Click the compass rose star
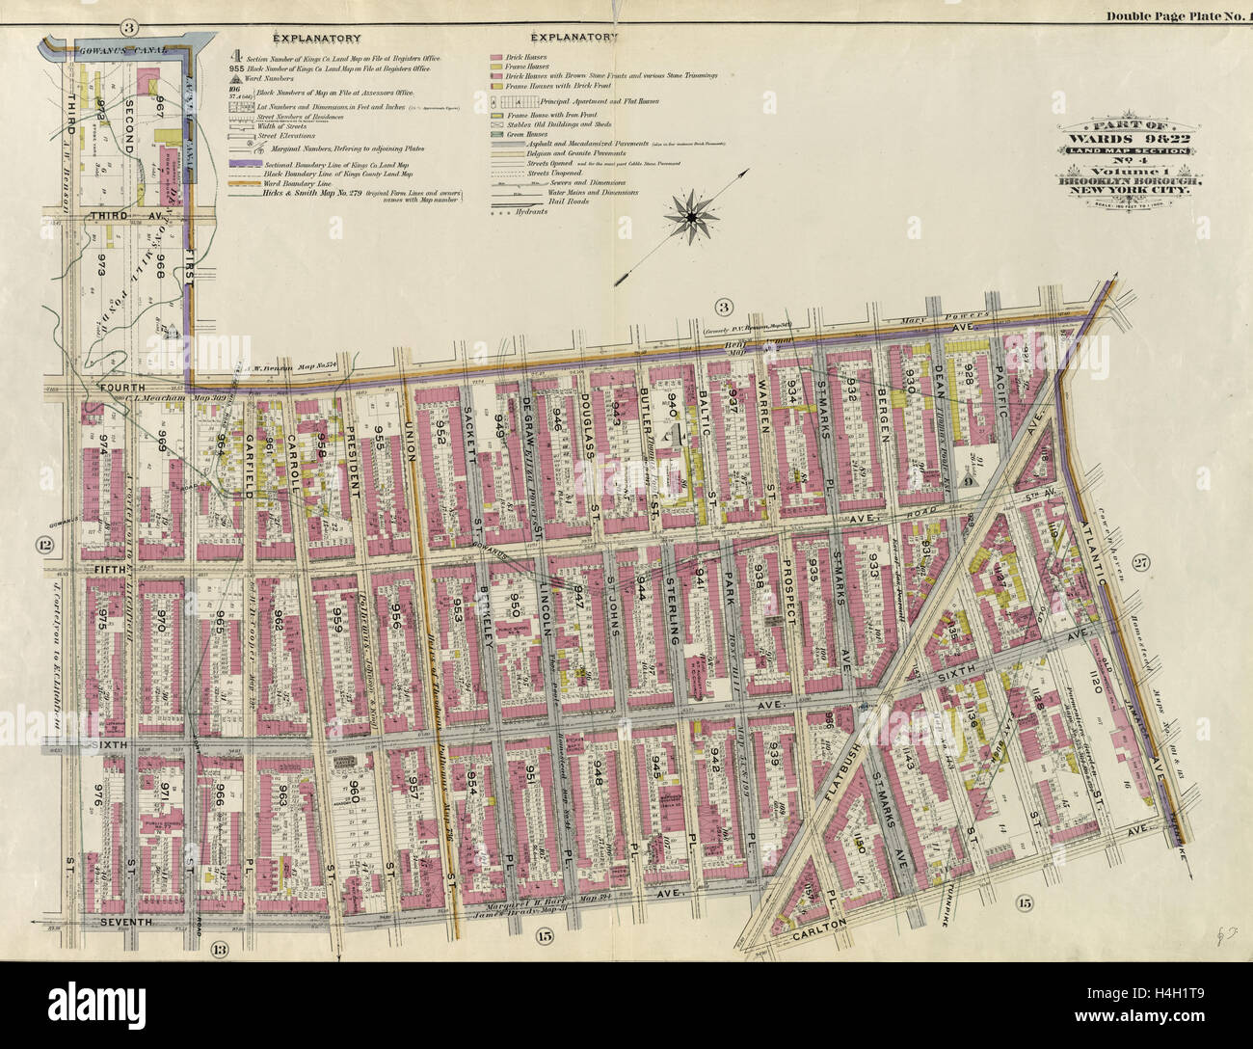point(691,221)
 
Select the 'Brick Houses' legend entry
point(522,59)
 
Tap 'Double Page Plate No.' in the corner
point(1174,15)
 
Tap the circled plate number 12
point(43,547)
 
